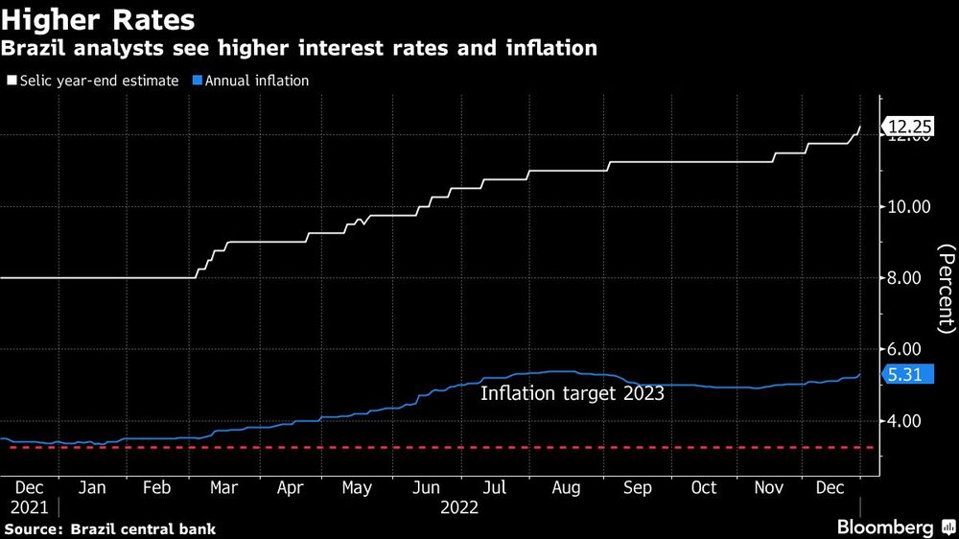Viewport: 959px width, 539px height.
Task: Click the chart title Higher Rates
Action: [99, 19]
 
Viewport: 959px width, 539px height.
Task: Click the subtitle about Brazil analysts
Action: [299, 48]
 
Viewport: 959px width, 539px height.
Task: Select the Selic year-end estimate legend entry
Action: [93, 81]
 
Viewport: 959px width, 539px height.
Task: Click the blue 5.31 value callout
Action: [906, 376]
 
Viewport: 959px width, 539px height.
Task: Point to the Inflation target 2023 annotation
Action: [572, 393]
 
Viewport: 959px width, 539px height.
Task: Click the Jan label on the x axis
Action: [91, 488]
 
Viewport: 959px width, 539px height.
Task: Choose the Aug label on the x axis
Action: [565, 488]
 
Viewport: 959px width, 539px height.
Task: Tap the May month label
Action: [356, 488]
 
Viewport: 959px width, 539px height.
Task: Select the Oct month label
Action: [704, 488]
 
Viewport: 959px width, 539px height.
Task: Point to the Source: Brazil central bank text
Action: [110, 528]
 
